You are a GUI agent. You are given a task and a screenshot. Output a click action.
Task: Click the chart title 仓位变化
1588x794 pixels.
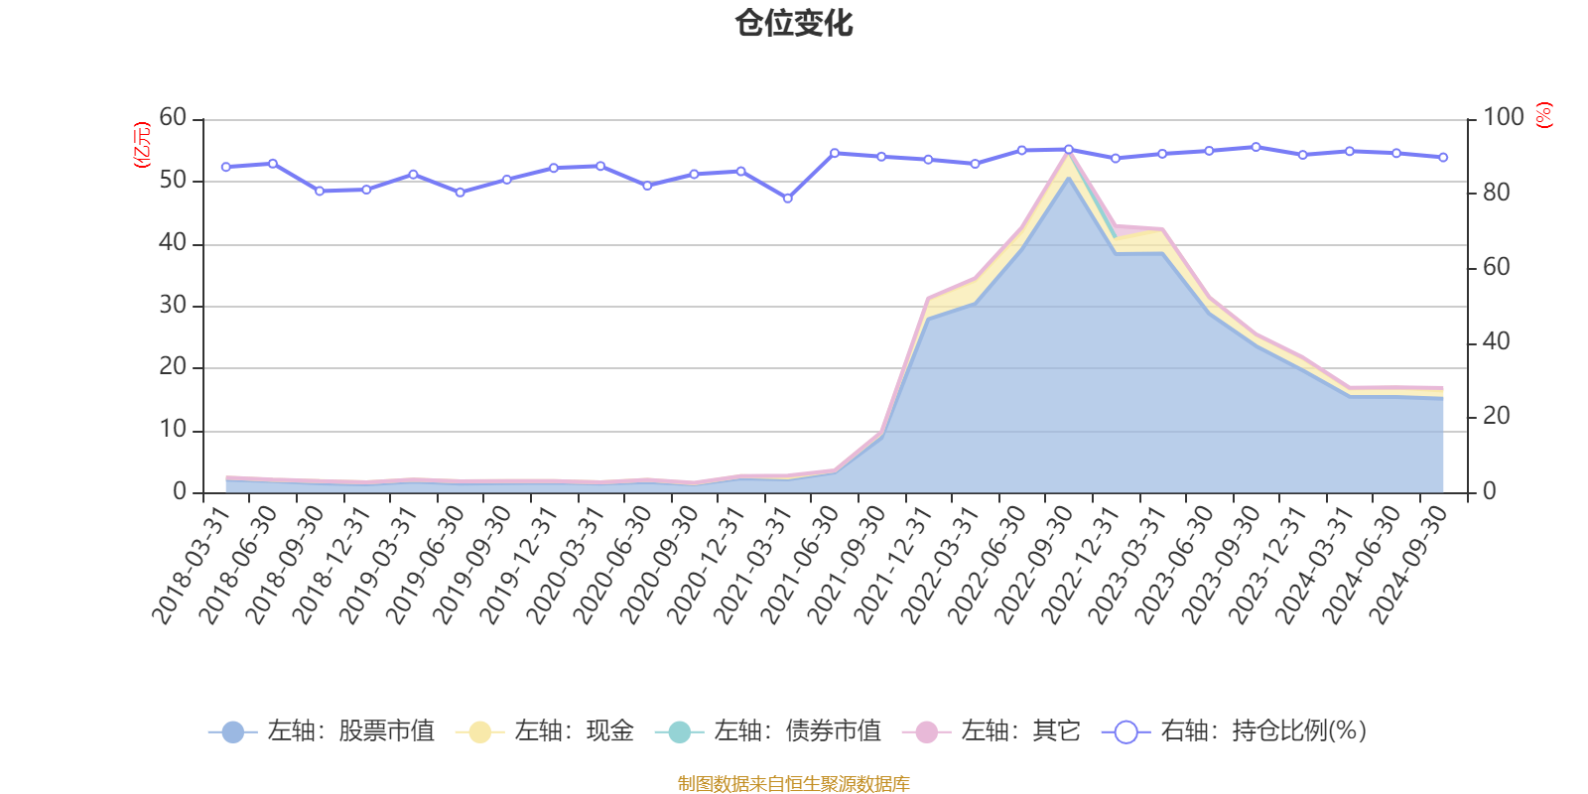794,23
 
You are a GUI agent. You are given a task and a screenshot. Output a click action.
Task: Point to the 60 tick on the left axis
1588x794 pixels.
173,118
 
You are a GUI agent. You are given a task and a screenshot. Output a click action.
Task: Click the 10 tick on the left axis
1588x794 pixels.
173,430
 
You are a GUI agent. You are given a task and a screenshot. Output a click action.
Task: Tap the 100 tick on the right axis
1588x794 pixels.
1503,118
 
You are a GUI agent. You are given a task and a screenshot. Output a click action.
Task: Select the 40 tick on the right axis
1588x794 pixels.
1496,341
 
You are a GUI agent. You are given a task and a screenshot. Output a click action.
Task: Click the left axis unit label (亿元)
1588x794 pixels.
142,145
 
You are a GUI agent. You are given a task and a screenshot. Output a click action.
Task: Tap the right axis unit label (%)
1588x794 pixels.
1544,115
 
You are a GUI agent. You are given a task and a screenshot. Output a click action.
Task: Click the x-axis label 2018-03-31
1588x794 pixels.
191,563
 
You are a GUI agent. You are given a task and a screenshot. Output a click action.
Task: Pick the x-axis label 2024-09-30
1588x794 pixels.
1408,563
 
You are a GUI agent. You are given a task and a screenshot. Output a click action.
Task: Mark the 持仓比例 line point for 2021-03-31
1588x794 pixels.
787,198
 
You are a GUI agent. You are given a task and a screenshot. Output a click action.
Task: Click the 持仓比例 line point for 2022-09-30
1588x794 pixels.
1068,149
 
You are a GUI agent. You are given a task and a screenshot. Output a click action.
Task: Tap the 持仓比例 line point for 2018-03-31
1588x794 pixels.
225,167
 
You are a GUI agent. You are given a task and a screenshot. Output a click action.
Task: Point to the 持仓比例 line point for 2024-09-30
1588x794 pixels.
1443,157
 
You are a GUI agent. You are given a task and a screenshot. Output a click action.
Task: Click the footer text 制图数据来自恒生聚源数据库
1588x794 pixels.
794,784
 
